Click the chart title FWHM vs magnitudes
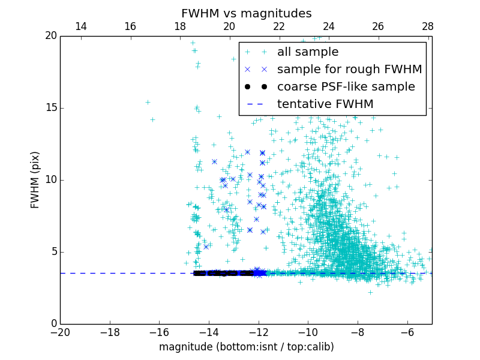[x=246, y=13]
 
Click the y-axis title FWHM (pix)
[x=35, y=180]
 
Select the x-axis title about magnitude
[x=246, y=347]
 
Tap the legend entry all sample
[x=307, y=52]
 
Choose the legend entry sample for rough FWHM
[x=349, y=69]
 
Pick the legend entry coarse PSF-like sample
[x=346, y=86]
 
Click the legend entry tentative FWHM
[x=325, y=104]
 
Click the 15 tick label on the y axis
[x=50, y=108]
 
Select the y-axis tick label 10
[x=50, y=180]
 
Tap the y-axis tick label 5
[x=53, y=252]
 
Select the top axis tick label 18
[x=180, y=26]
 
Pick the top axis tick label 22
[x=279, y=26]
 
